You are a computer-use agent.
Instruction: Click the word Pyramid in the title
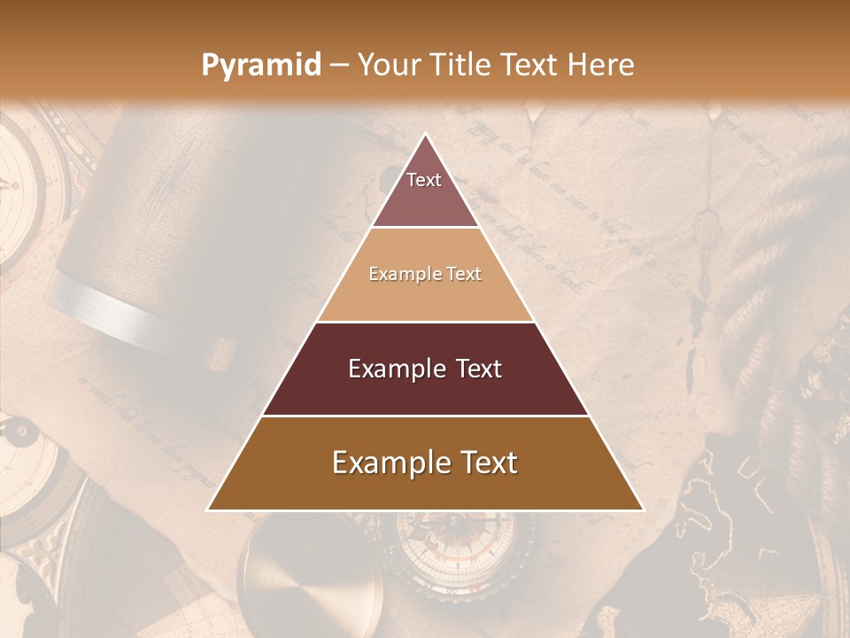point(261,65)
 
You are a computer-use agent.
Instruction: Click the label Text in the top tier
point(424,180)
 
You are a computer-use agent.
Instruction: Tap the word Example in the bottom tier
point(390,463)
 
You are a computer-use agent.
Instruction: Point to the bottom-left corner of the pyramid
point(209,510)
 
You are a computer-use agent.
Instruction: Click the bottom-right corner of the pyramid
point(642,510)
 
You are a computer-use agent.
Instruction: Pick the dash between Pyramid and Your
point(339,65)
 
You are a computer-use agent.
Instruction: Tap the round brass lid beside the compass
point(310,576)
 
